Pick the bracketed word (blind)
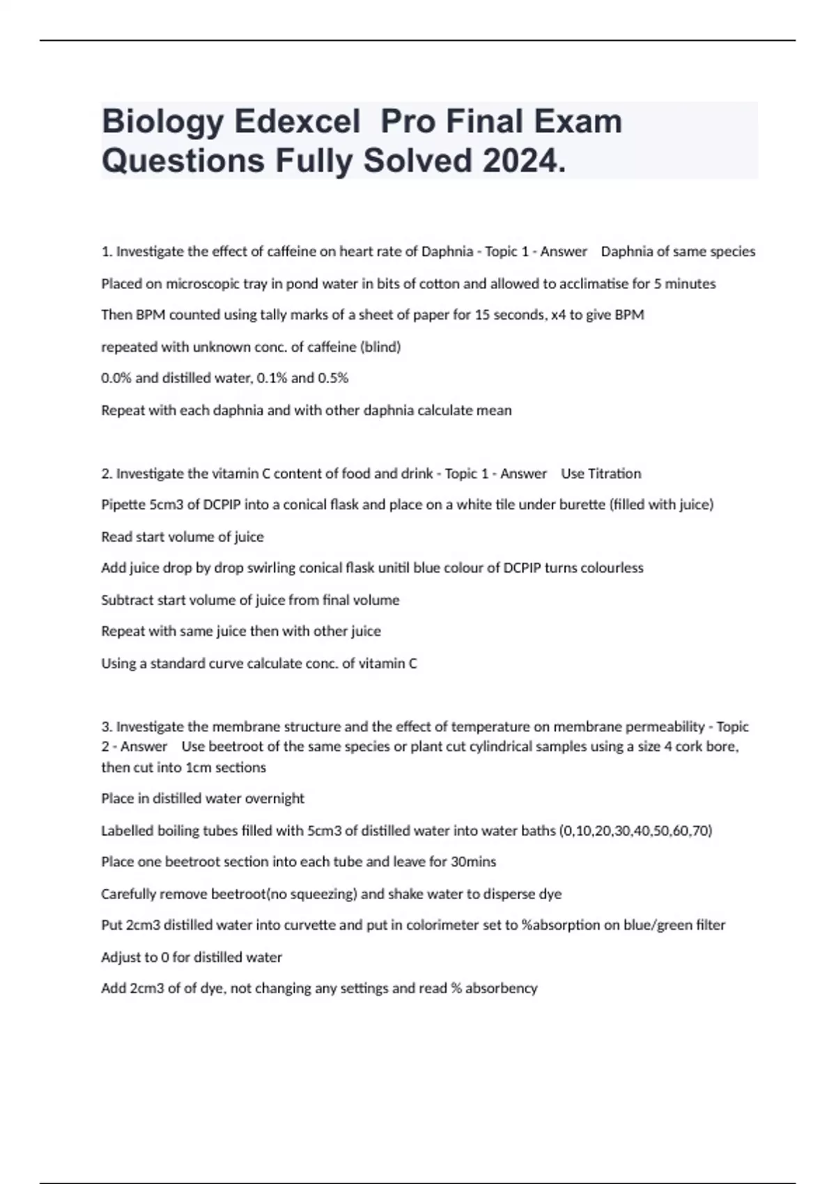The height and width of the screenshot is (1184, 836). tap(380, 347)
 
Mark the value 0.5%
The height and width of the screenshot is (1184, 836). tap(333, 378)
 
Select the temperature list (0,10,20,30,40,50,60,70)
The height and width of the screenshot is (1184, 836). tap(635, 831)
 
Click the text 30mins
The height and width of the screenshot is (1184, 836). tap(473, 862)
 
